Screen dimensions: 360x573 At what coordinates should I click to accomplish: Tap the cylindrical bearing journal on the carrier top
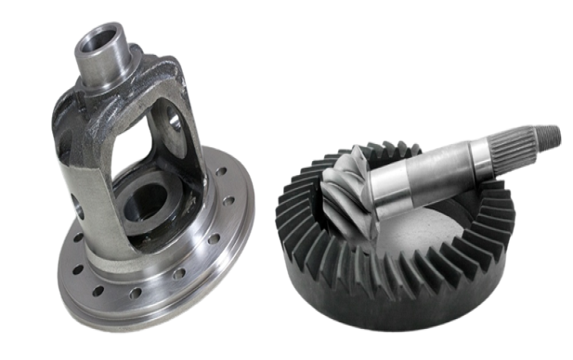tap(103, 53)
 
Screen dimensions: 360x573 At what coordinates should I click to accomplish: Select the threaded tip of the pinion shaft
tap(551, 132)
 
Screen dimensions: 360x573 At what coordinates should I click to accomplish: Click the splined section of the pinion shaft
tap(516, 142)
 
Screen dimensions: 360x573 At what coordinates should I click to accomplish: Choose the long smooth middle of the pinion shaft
tap(426, 172)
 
